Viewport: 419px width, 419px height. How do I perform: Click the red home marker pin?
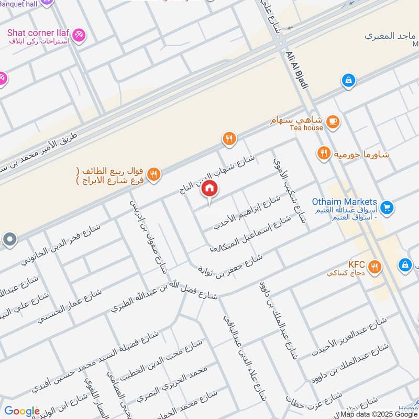(x=210, y=189)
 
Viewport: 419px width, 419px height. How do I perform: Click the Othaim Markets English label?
(x=344, y=202)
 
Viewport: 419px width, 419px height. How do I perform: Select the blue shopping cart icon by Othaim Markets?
(x=387, y=208)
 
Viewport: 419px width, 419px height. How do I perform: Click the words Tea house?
(x=306, y=128)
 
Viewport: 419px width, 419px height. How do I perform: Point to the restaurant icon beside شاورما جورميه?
(x=324, y=153)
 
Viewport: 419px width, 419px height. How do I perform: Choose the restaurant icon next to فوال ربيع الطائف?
(x=153, y=174)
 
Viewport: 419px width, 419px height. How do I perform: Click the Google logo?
(x=22, y=411)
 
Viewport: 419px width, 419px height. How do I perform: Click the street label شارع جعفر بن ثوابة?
(x=229, y=264)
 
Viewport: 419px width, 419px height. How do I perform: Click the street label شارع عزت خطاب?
(x=313, y=403)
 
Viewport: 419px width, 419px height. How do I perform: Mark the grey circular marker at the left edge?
(x=9, y=240)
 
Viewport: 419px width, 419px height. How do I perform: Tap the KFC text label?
(x=356, y=264)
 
